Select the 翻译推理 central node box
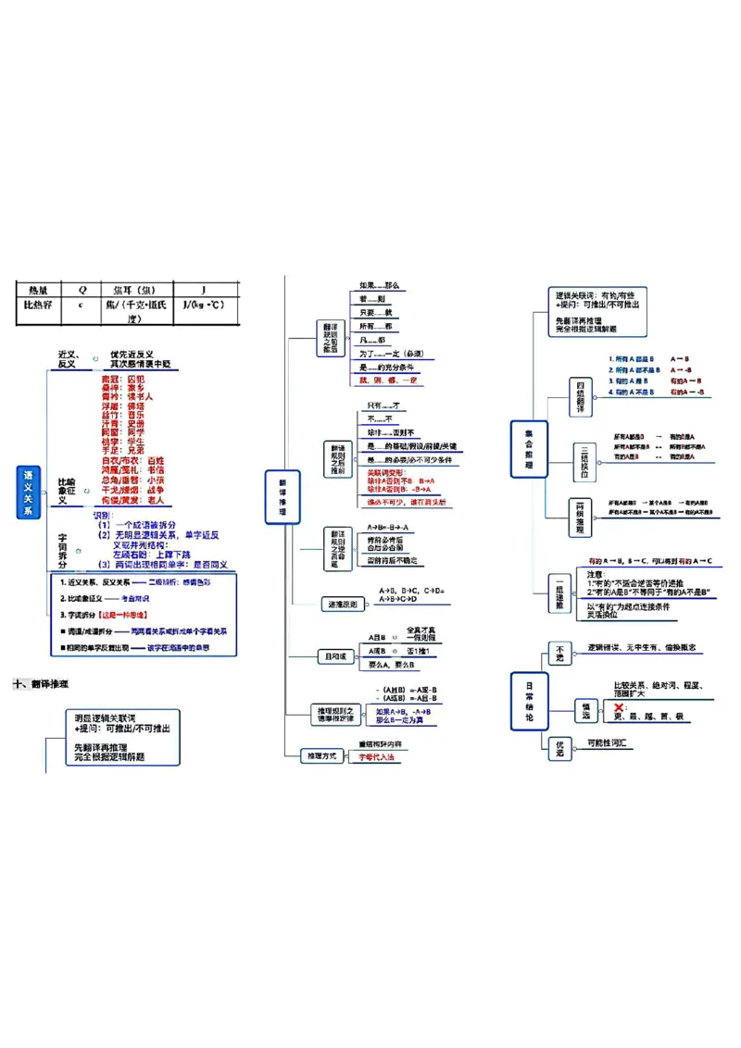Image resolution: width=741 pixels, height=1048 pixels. click(283, 497)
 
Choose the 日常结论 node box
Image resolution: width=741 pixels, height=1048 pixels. click(529, 700)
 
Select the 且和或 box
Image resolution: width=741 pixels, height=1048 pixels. click(336, 656)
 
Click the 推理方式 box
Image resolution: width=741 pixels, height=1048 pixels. click(321, 756)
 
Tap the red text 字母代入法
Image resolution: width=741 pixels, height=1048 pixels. click(376, 757)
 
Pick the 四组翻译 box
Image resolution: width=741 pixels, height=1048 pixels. click(581, 397)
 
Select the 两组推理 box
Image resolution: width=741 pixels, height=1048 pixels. click(580, 517)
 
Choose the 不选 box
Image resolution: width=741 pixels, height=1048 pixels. click(559, 653)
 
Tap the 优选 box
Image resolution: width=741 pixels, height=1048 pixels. click(559, 747)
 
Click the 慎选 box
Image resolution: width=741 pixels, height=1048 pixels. click(584, 708)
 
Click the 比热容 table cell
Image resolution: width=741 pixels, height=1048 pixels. click(38, 305)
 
